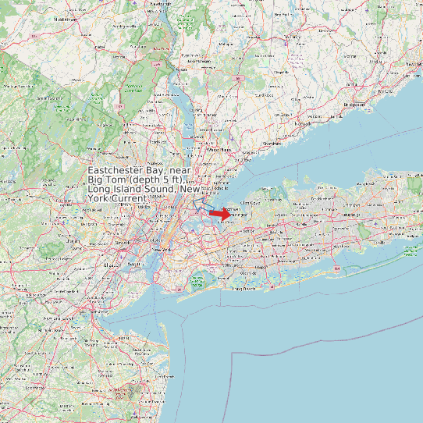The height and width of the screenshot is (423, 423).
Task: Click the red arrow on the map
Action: pyautogui.click(x=220, y=213)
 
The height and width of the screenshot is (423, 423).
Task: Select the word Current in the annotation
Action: pyautogui.click(x=125, y=199)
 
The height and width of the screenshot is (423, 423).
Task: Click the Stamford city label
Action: pyautogui.click(x=272, y=144)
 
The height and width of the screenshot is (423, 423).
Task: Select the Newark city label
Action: pyautogui.click(x=123, y=243)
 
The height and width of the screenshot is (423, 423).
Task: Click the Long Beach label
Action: pyautogui.click(x=246, y=288)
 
